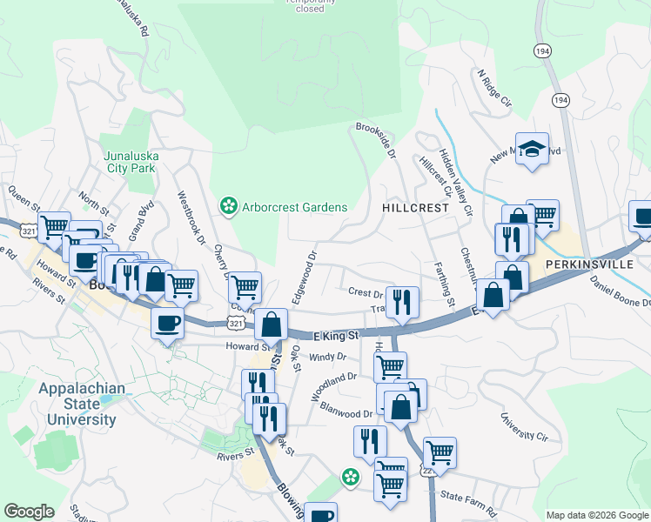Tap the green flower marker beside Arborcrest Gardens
coord(229,206)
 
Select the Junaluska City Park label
coord(130,163)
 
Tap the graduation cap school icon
coord(530,149)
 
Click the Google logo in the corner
coord(29,512)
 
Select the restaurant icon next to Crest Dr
coord(402,302)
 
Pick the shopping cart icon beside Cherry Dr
coord(245,286)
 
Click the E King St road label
coord(336,335)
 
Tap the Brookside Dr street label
coord(375,141)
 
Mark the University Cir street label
coord(525,425)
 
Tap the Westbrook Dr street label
coord(192,217)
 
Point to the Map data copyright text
coord(596,514)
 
